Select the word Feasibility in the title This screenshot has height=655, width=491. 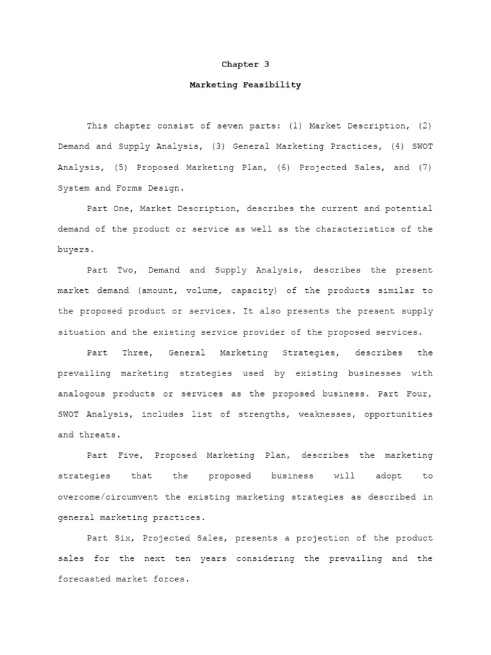click(272, 84)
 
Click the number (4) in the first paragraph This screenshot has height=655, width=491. click(398, 146)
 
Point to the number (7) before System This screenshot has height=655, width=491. click(425, 167)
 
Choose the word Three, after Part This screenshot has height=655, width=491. click(136, 352)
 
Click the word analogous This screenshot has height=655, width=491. click(82, 393)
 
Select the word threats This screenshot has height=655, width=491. click(100, 435)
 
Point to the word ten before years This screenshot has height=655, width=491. click(183, 558)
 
